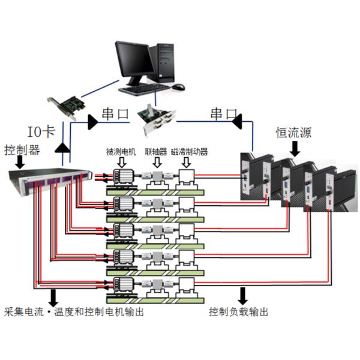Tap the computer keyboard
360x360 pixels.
tap(144, 89)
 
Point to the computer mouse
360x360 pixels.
tap(178, 87)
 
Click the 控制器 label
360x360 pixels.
tap(22, 148)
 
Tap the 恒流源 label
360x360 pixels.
tap(293, 132)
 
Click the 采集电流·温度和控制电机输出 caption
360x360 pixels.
tap(73, 312)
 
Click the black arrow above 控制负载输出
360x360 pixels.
tap(243, 295)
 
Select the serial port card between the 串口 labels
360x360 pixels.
tap(157, 120)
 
